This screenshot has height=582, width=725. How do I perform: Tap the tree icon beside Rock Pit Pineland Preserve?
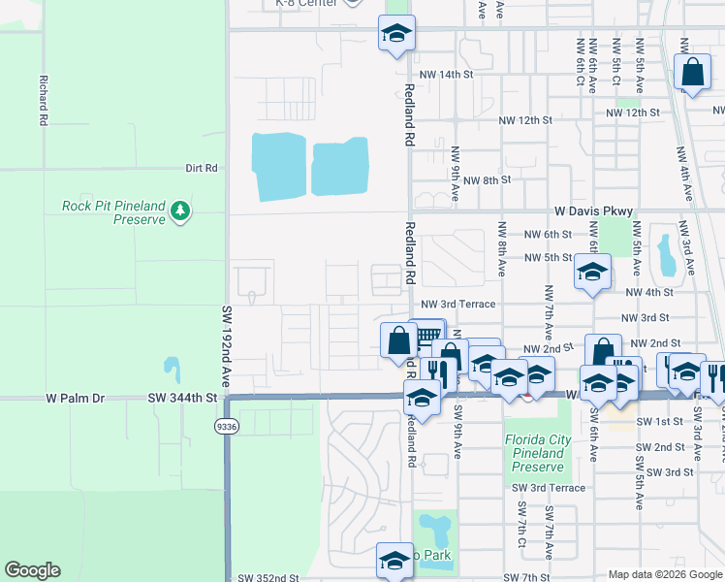point(179,211)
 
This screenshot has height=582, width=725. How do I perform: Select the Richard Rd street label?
point(43,102)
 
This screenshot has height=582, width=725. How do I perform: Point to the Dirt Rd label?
point(202,168)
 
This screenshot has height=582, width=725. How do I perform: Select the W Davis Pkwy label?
point(593,210)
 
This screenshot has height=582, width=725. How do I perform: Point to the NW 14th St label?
point(446,74)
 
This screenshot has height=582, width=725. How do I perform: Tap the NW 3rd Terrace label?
point(458,304)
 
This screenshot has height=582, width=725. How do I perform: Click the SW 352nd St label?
point(268,578)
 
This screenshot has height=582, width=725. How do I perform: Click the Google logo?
point(32,570)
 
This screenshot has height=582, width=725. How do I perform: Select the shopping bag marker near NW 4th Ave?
point(693,73)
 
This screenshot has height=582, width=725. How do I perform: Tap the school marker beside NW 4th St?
point(591,273)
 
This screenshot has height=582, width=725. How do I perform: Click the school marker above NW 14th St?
point(395,34)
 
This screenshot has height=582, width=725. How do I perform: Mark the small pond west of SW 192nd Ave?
point(172,369)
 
